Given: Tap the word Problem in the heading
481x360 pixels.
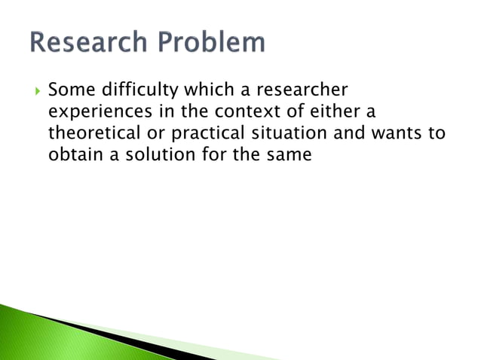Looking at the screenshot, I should [x=213, y=42].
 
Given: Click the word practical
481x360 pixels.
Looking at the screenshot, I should [x=194, y=133].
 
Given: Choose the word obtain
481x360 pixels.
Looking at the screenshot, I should [x=75, y=154].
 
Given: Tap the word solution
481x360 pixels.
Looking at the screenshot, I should [x=156, y=154].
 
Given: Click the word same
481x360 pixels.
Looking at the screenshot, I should [x=290, y=154].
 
